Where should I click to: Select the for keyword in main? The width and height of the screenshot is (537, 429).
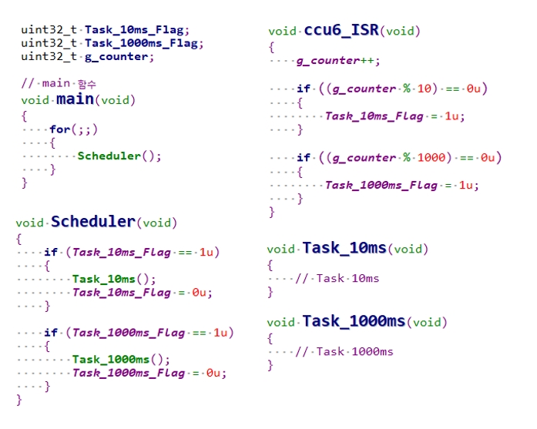[x=59, y=129]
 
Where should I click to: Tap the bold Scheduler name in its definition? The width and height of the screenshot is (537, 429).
[x=92, y=222]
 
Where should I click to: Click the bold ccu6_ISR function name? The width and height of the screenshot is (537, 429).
[x=341, y=30]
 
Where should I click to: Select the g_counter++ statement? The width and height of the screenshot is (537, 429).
[x=338, y=60]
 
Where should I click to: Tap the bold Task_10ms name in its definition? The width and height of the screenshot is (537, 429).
[x=344, y=248]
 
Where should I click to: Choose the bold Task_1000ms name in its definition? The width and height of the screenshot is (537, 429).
[x=353, y=321]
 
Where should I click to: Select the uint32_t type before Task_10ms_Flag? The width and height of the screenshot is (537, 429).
[x=49, y=29]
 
